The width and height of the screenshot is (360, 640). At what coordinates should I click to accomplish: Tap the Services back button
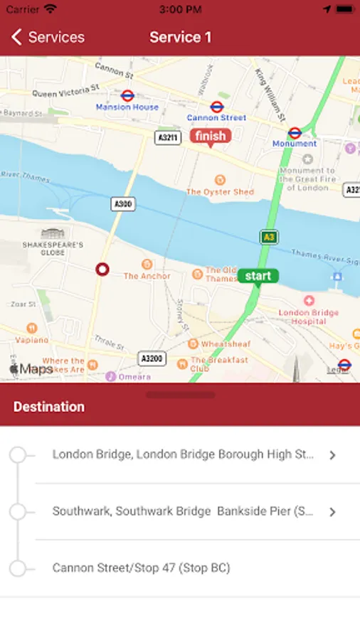click(48, 38)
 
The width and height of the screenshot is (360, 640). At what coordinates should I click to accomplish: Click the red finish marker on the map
click(209, 136)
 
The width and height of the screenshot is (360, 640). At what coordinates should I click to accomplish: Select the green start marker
click(258, 276)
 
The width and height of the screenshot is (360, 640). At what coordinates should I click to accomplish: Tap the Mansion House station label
click(128, 107)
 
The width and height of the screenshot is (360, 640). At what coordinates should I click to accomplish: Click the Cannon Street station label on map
click(216, 117)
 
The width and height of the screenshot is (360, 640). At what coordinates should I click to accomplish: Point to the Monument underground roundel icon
click(295, 132)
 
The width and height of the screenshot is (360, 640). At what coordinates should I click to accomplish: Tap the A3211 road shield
click(166, 137)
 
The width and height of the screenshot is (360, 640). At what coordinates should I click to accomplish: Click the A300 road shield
click(123, 204)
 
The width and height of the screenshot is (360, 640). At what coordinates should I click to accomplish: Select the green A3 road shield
click(268, 237)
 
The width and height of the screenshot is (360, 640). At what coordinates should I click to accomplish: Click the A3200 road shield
click(152, 359)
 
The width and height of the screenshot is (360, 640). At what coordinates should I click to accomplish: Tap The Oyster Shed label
click(220, 191)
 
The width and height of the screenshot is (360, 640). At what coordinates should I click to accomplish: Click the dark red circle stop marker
click(102, 270)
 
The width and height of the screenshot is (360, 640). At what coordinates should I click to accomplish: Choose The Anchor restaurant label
click(147, 275)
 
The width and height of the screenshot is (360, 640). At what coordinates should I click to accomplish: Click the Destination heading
click(49, 407)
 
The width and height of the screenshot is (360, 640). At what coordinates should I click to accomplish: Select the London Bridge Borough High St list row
click(183, 454)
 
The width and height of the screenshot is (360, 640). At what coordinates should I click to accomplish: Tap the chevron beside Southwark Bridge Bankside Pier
click(332, 512)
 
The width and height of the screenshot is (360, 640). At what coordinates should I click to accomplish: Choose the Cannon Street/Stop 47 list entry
click(141, 568)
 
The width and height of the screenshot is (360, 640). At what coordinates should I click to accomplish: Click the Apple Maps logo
click(31, 369)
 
